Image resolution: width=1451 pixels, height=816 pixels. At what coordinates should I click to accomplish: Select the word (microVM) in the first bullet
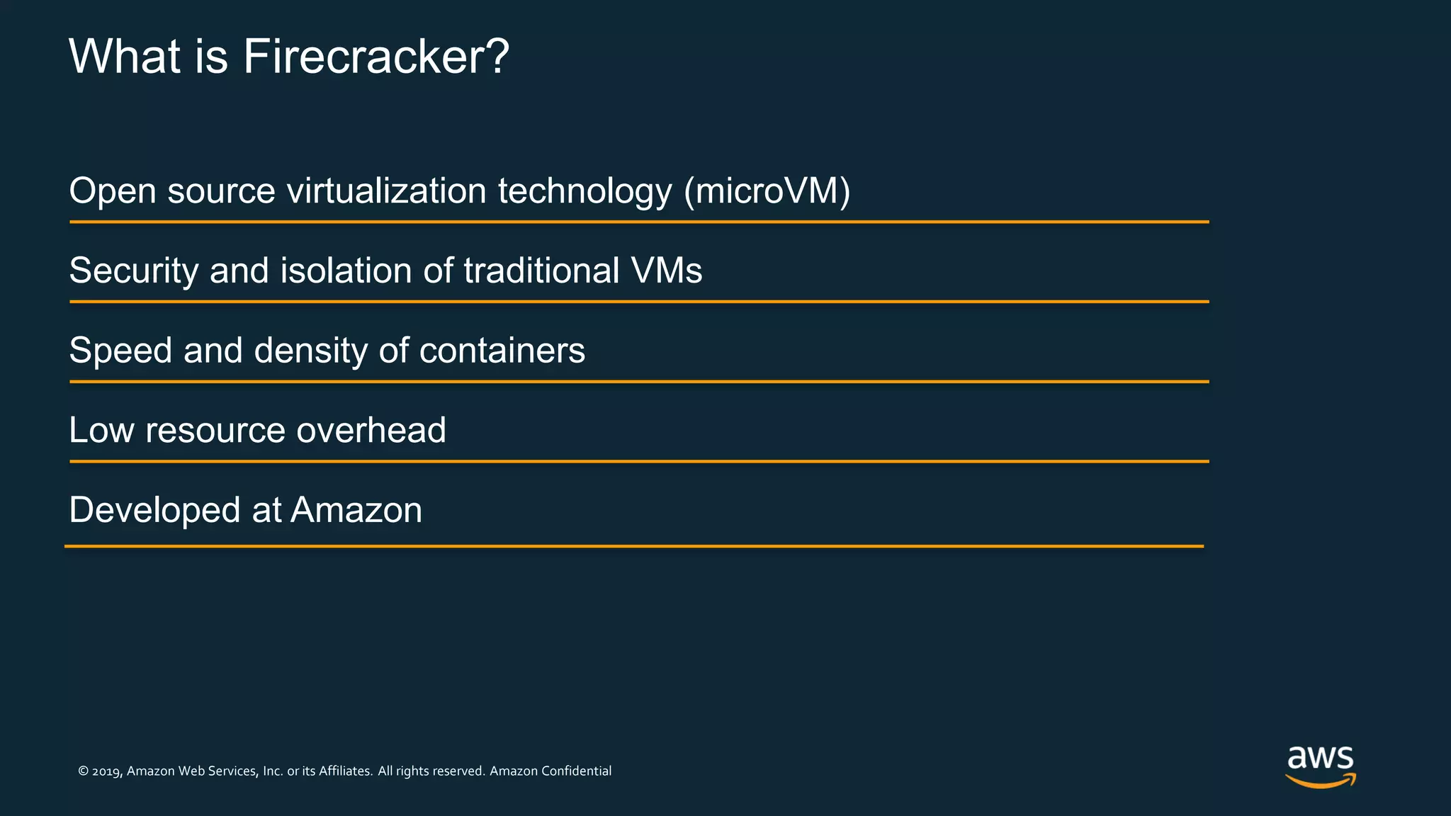pos(767,191)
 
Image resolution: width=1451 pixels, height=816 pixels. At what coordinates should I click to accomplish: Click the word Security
pos(134,271)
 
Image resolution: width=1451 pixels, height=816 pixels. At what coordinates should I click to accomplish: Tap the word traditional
pos(542,271)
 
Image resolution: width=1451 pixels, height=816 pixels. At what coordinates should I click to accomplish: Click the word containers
pos(502,351)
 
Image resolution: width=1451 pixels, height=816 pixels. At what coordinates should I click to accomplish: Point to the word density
pos(312,351)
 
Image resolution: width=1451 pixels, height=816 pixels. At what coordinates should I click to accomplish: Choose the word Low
pos(101,431)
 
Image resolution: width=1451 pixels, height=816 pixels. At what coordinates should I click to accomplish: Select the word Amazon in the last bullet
pos(356,511)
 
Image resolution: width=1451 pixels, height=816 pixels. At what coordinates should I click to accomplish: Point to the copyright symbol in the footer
pos(83,771)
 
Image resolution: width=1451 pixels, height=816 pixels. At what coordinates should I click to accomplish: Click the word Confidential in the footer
pos(576,771)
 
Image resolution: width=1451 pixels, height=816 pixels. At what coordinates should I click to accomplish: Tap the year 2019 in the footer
pos(107,771)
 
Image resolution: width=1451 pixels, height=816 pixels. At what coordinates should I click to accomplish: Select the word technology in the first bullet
pos(585,191)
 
